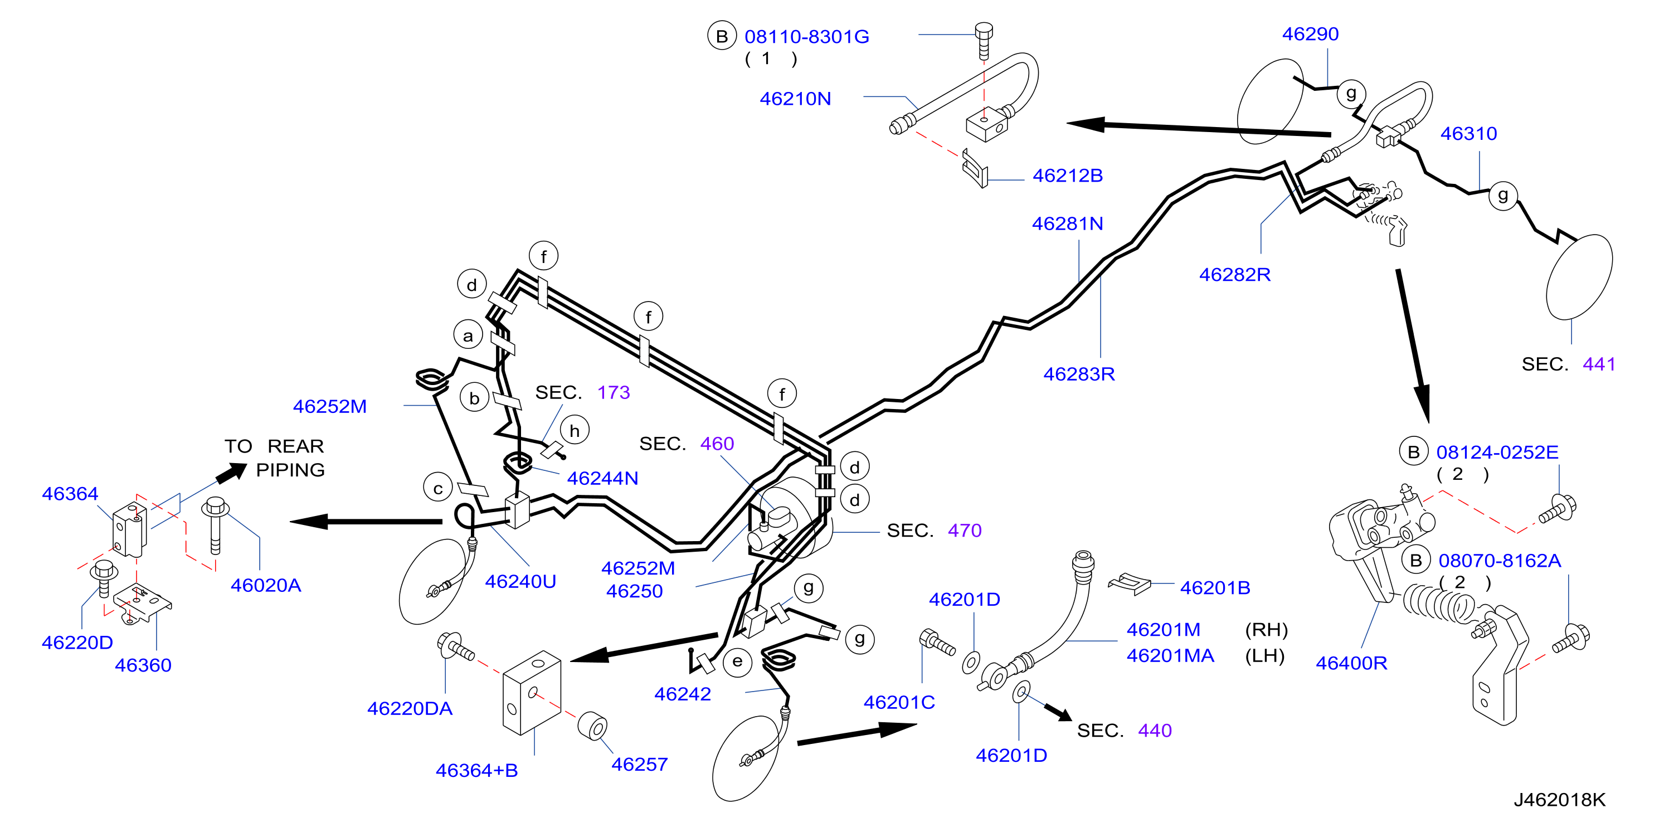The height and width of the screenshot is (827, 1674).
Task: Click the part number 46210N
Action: click(x=795, y=99)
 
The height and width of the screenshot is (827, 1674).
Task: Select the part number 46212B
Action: click(x=1067, y=176)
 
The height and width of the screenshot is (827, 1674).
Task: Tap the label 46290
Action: click(x=1310, y=34)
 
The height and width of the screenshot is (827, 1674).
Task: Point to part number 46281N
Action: click(x=1067, y=223)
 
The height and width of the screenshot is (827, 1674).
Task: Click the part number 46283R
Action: click(x=1079, y=373)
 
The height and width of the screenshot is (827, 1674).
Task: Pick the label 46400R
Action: click(x=1351, y=663)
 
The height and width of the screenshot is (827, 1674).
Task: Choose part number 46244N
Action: click(x=602, y=478)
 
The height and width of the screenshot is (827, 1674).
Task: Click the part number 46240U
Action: click(x=520, y=581)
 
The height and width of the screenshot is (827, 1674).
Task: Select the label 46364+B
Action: click(x=476, y=771)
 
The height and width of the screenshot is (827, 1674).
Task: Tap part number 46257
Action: click(x=639, y=764)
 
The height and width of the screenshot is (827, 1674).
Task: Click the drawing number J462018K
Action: click(x=1559, y=800)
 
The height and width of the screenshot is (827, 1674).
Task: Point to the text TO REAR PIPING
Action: click(x=274, y=458)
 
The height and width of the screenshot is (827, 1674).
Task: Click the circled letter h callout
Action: click(x=575, y=431)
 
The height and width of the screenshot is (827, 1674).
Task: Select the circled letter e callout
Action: click(x=737, y=662)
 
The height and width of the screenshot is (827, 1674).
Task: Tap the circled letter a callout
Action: click(x=468, y=336)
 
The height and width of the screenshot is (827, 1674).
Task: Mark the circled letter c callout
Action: click(x=438, y=489)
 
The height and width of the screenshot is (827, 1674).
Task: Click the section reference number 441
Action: click(x=1599, y=364)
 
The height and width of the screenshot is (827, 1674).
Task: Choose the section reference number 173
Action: click(x=614, y=392)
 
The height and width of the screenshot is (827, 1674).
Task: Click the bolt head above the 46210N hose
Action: click(x=984, y=30)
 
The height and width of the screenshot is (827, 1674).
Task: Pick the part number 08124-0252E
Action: click(x=1497, y=452)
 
